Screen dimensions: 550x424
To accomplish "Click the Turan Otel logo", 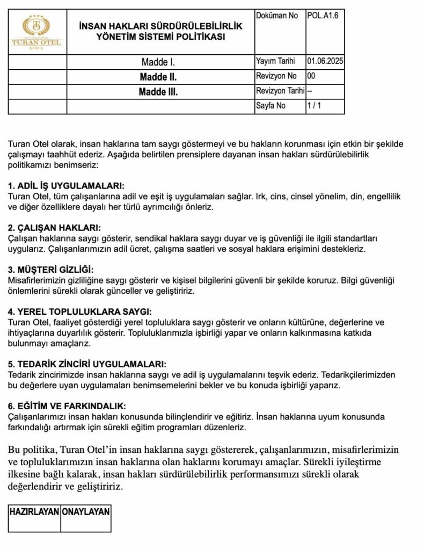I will pos(36,32).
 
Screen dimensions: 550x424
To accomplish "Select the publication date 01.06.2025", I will pos(325,62).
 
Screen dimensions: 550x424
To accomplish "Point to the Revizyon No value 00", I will pos(311,76).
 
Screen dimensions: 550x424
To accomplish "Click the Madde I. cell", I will pos(158,62).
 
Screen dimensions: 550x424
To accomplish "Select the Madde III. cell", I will pos(158,92).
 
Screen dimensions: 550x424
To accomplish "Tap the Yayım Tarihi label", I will pos(276,62).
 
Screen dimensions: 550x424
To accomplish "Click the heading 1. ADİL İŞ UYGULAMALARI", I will pos(67,186).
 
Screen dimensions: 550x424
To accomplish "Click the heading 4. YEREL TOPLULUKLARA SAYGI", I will pos(80,312).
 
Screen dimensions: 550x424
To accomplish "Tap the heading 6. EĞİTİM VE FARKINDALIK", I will pos(68,406).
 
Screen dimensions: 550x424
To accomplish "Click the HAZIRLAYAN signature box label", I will pos(34,512).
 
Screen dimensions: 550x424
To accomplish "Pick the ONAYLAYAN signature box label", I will pos(86,512).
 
